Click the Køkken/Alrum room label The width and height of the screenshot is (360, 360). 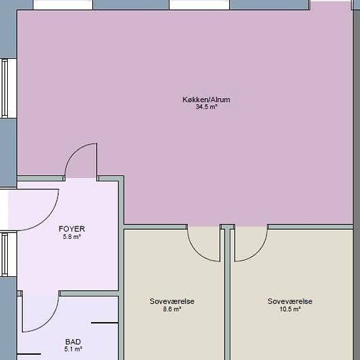click(x=206, y=99)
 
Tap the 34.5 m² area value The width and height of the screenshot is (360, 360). click(x=206, y=107)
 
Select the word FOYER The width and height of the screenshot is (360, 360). click(x=72, y=228)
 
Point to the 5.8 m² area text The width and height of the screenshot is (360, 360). click(x=72, y=236)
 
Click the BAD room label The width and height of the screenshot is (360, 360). click(x=73, y=342)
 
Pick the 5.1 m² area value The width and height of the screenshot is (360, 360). click(x=73, y=350)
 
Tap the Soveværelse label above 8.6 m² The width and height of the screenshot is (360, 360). click(x=172, y=301)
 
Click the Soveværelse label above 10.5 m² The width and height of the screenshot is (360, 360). click(x=290, y=301)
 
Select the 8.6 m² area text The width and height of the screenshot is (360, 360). click(x=172, y=309)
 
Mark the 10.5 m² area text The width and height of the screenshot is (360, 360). click(x=290, y=309)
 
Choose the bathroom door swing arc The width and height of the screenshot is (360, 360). click(x=48, y=322)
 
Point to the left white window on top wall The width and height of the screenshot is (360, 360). click(x=63, y=5)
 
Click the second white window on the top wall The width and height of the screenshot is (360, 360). click(x=199, y=5)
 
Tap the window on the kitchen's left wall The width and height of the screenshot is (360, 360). click(x=9, y=88)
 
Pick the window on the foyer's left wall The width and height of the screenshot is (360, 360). click(x=9, y=255)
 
